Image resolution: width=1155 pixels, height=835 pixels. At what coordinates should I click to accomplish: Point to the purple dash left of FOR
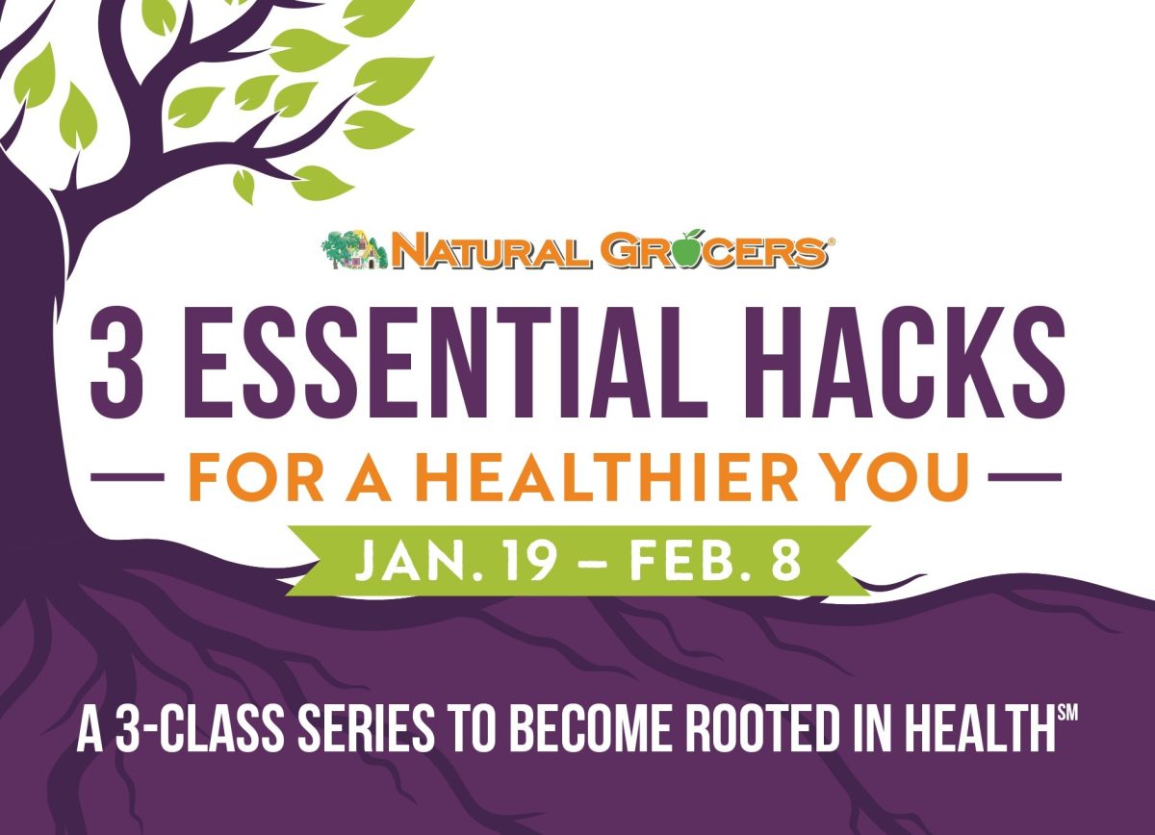click(131, 476)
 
